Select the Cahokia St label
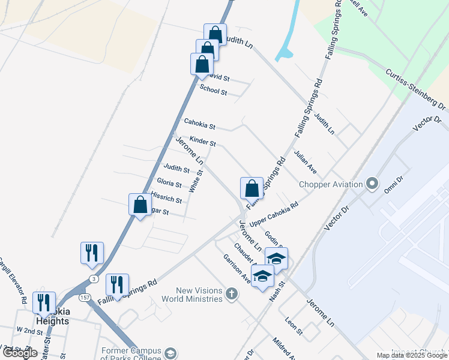point(200,125)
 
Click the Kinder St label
point(202,142)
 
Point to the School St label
point(213,91)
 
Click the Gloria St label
point(169,183)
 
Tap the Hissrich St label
point(167,197)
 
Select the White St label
point(195,181)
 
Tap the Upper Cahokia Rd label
point(274,214)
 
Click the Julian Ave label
point(306,162)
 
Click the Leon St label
point(294,326)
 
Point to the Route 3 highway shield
point(93,278)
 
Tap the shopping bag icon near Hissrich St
point(140,205)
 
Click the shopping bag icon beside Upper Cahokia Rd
point(252,188)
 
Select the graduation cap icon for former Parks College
point(170,353)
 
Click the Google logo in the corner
point(20,353)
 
